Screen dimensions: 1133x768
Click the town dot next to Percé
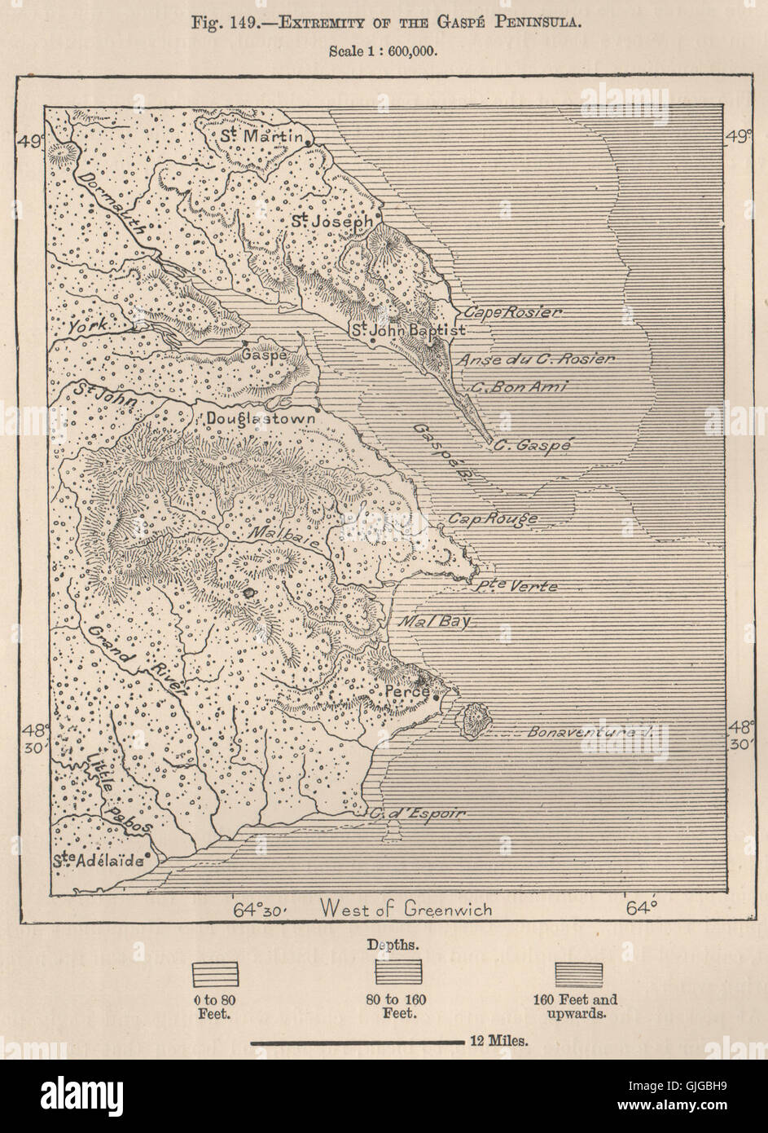coord(437,697)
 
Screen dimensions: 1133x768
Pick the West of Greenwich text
coord(406,908)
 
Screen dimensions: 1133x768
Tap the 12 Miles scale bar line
coord(357,1042)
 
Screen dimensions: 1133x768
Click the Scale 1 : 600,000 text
coord(383,51)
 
